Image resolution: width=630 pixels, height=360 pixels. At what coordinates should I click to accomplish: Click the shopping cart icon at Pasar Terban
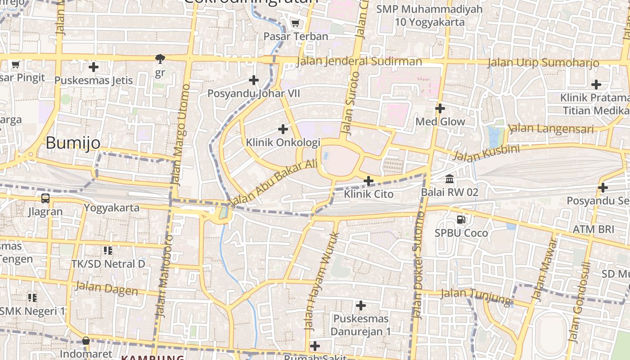pos(295,23)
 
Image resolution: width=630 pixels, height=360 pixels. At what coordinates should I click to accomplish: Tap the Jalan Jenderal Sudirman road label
pos(360,61)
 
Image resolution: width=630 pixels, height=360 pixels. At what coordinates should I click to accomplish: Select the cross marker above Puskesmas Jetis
pos(94,67)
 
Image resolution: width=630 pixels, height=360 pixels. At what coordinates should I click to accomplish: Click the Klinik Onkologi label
pos(283,143)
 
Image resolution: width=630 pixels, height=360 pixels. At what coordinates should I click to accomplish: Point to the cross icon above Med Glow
pos(440,108)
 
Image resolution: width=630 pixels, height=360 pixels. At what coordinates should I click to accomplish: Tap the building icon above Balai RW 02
pos(449,179)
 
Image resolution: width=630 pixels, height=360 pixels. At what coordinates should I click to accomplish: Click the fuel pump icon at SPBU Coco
pos(461,220)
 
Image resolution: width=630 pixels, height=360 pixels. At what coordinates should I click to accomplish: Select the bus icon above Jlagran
pos(45,198)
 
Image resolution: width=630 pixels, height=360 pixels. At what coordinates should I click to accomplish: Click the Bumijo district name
pos(73,143)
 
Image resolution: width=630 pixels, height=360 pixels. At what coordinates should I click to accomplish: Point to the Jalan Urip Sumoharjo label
pos(543,63)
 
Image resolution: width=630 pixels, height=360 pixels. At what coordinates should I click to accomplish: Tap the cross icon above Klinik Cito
pos(369,181)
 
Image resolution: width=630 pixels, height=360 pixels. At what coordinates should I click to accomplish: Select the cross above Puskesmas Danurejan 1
pos(360,306)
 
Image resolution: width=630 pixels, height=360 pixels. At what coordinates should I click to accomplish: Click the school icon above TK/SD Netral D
pos(108,250)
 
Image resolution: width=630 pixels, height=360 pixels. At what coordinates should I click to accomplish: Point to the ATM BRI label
pos(593,229)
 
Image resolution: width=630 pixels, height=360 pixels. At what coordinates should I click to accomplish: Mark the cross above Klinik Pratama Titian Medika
pos(596,85)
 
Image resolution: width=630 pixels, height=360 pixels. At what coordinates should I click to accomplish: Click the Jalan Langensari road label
pos(552,129)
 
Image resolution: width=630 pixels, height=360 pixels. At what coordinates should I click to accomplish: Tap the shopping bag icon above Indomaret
pos(86,341)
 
